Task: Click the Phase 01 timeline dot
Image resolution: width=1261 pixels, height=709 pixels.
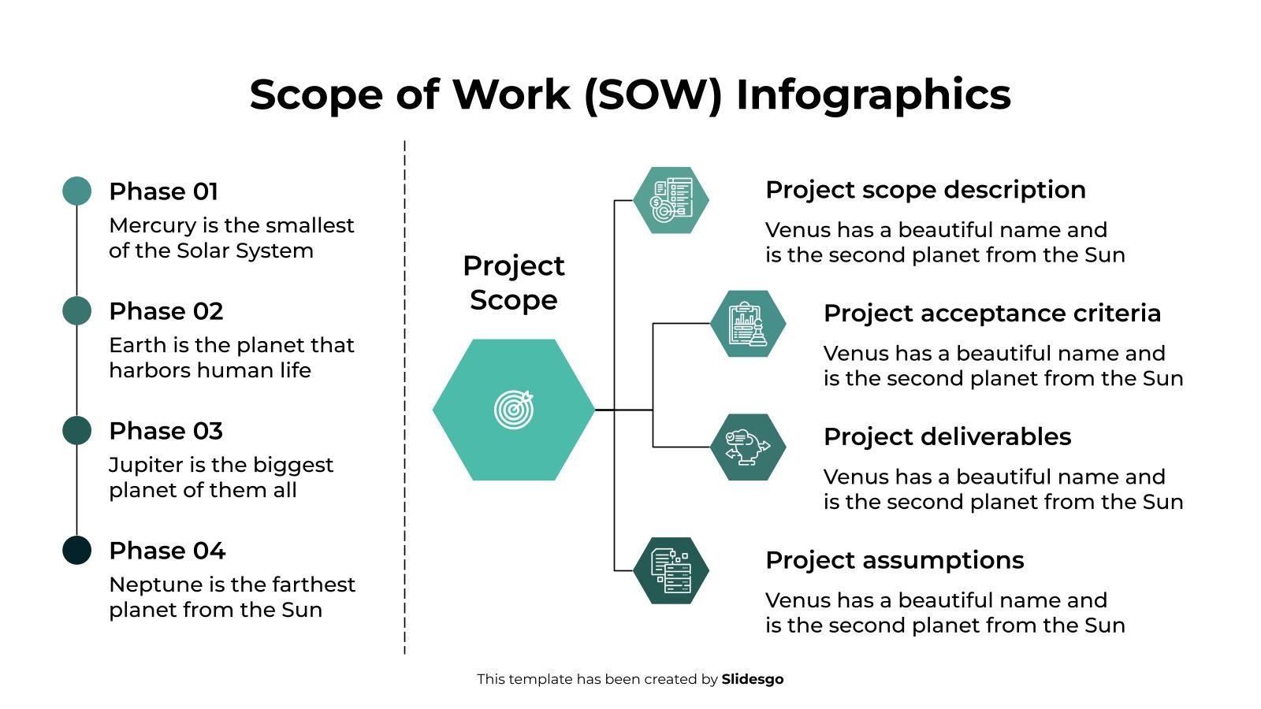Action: point(76,191)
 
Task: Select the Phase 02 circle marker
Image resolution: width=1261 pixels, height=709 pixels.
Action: point(76,311)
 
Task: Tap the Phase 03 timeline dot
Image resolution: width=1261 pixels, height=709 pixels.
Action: point(76,431)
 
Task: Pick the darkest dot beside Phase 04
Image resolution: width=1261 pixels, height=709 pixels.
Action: point(76,551)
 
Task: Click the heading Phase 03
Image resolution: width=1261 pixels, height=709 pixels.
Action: point(166,431)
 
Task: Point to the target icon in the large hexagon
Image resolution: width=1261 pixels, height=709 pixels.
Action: point(514,410)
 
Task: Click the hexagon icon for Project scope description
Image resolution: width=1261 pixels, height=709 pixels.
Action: point(671,200)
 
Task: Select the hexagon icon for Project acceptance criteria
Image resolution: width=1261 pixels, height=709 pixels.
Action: point(748,324)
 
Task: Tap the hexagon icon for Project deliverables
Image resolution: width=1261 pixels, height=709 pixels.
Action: point(748,447)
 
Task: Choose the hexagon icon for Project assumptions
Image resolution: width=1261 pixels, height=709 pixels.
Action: point(671,570)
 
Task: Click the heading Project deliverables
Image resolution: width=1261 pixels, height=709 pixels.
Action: point(947,436)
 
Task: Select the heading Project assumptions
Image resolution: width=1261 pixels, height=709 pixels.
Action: point(894,560)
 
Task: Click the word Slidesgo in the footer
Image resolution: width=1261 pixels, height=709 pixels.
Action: point(752,679)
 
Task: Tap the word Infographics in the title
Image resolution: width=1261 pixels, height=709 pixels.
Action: point(872,95)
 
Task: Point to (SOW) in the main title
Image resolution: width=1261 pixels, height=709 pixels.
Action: point(653,95)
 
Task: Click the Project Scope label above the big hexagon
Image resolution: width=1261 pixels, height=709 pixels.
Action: point(514,283)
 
